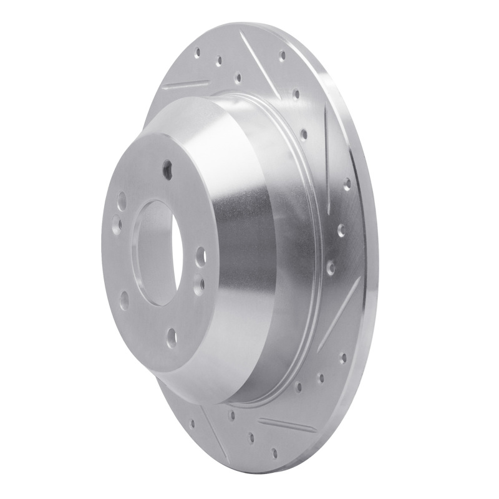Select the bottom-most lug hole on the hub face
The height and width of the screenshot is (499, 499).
click(x=172, y=337)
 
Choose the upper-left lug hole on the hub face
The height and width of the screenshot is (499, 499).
click(x=122, y=201)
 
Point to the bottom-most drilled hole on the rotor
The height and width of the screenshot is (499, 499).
click(x=274, y=451)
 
